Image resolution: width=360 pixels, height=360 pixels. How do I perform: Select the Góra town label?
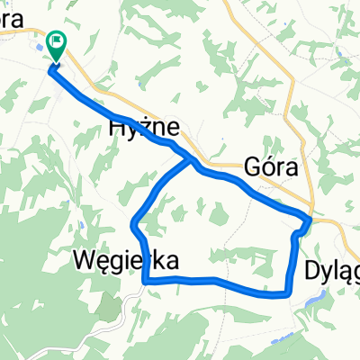pos(270,166)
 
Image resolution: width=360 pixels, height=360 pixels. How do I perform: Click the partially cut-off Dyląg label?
pos(332,270)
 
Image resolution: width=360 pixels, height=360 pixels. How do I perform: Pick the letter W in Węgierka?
pos(83,260)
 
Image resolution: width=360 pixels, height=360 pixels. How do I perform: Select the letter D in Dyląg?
pos(313,269)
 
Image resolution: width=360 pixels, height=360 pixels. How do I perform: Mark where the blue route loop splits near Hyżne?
pos(191,162)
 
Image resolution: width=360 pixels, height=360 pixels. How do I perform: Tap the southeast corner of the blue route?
pos(287,293)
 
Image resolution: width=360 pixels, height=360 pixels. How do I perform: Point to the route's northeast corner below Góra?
pos(309,219)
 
